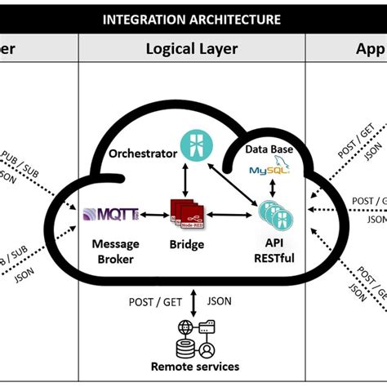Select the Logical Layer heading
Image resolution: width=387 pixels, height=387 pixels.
[192, 49]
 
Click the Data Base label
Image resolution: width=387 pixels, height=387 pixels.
[270, 151]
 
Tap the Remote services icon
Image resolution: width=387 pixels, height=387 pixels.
[193, 336]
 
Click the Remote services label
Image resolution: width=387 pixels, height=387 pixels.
[193, 366]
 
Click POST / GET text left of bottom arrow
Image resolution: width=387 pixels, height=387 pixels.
[157, 300]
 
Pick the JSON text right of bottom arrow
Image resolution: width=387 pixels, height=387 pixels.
[219, 300]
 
